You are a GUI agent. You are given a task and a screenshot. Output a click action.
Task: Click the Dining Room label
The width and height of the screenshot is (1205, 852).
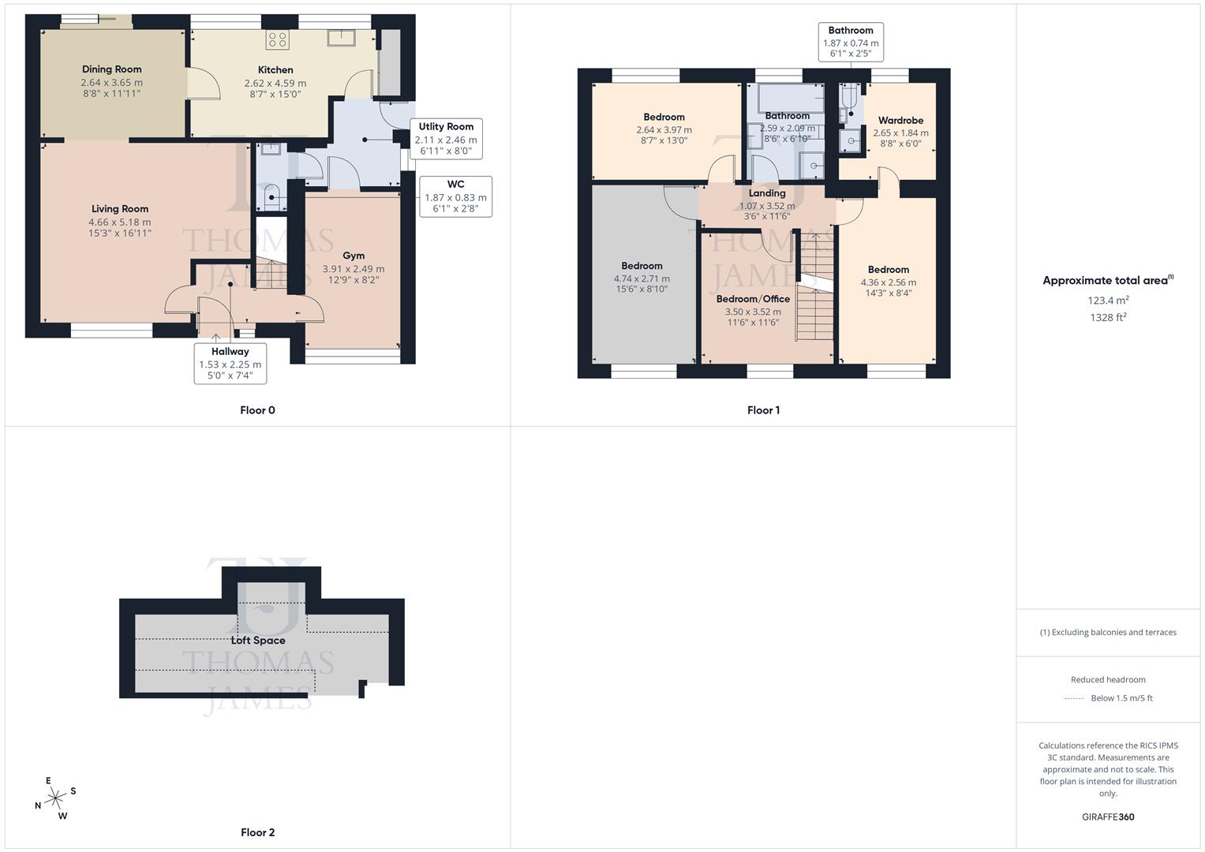click(x=111, y=69)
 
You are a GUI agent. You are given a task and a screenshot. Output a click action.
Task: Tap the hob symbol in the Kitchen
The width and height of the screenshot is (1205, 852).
click(x=277, y=39)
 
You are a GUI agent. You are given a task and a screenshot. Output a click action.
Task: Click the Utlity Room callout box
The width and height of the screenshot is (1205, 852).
click(x=446, y=139)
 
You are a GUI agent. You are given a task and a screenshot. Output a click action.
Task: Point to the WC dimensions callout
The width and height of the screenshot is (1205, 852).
click(x=455, y=196)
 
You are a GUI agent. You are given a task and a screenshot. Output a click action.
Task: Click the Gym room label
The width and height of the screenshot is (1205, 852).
click(x=354, y=256)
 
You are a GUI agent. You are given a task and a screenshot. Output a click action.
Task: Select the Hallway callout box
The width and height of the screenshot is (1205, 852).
click(x=230, y=363)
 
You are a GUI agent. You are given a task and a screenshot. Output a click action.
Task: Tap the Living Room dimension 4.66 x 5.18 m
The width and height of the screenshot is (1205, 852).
click(x=120, y=222)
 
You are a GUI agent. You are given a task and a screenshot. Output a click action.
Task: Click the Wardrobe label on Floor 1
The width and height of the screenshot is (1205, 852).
click(x=900, y=121)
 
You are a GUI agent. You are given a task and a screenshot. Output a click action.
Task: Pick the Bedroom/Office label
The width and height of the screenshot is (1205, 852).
click(x=753, y=299)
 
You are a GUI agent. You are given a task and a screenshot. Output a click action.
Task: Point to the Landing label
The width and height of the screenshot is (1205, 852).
click(x=766, y=193)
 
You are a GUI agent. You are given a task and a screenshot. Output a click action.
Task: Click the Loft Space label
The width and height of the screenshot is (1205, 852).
click(x=257, y=641)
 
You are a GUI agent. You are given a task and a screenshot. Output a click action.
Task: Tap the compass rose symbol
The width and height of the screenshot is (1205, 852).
click(x=54, y=798)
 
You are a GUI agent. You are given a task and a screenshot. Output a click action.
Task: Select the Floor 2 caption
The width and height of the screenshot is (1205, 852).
click(x=257, y=832)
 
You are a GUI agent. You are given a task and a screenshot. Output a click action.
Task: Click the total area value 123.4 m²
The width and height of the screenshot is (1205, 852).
click(x=1107, y=301)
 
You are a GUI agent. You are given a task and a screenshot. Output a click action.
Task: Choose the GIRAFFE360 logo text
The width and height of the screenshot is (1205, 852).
click(x=1107, y=816)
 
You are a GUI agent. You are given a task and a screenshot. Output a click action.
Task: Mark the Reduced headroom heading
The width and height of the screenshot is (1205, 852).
click(x=1107, y=679)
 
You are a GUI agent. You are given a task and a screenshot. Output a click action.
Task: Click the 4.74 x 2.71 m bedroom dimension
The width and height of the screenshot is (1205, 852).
click(x=642, y=278)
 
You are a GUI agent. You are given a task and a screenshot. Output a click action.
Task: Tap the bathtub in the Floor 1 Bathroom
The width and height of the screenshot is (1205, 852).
click(x=790, y=99)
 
